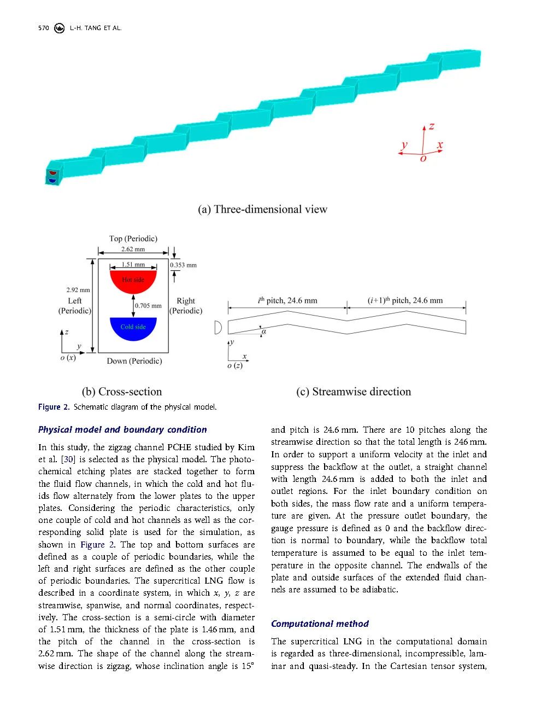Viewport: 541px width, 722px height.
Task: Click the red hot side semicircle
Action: pos(133,281)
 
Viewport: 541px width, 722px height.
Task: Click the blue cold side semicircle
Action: pos(133,327)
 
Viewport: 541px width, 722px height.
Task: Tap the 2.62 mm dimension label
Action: pos(133,249)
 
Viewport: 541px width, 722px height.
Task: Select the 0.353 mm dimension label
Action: pos(183,265)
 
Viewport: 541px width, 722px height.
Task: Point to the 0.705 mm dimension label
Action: pos(149,306)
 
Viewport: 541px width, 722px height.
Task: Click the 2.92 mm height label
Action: pos(78,290)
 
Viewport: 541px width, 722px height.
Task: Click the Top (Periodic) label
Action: pos(133,238)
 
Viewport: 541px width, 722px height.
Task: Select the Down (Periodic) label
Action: pos(134,361)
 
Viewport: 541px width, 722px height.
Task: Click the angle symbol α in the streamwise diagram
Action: pos(264,331)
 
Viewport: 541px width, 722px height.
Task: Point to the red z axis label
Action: pos(432,126)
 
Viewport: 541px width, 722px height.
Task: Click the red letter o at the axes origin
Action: pos(423,159)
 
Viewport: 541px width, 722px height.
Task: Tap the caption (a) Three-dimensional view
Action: pos(262,209)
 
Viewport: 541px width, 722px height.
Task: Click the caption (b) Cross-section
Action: pos(122,392)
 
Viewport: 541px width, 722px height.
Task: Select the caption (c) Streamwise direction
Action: pos(354,392)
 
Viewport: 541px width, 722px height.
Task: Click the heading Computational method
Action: pos(320,624)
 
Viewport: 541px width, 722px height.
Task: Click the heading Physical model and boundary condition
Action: pos(122,429)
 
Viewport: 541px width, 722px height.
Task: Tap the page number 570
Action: pos(44,28)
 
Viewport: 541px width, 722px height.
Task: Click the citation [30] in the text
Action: pos(67,459)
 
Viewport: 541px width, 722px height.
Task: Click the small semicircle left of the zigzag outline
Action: pos(218,327)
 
